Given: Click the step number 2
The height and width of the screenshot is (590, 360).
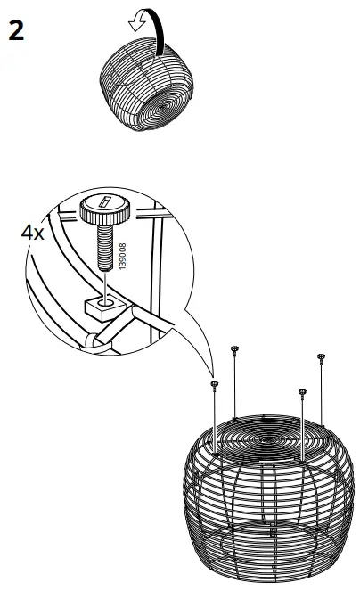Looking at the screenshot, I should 16,31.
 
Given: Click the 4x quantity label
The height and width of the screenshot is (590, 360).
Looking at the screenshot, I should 33,233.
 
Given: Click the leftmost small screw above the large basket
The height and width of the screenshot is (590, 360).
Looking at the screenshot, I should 215,384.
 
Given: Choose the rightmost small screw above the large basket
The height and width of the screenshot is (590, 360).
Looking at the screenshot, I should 320,357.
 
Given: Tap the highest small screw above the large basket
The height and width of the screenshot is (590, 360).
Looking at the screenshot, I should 234,348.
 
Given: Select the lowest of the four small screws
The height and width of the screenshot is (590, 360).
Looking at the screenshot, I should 302,392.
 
